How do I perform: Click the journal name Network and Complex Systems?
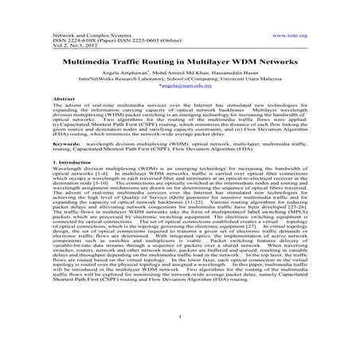point(90,37)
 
